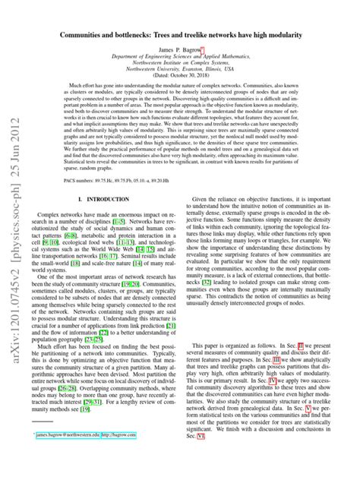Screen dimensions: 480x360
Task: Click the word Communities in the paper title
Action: click(x=94, y=36)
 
